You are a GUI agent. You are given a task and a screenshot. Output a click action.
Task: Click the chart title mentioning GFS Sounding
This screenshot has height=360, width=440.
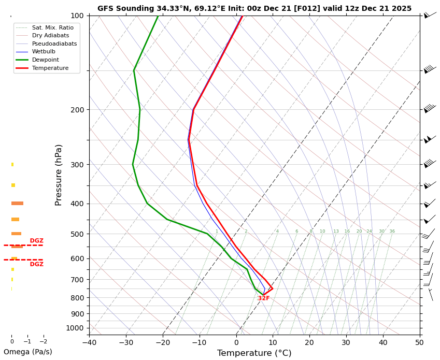254,8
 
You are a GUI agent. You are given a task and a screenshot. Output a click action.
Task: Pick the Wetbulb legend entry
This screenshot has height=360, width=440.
44,52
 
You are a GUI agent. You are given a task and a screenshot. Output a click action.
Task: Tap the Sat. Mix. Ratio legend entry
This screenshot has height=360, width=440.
52,27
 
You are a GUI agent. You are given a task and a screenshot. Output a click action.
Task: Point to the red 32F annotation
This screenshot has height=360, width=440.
264,298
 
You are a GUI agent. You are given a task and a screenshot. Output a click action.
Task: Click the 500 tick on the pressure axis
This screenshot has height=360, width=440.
77,234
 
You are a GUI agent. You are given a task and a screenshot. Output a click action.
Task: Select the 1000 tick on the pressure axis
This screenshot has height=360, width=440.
75,328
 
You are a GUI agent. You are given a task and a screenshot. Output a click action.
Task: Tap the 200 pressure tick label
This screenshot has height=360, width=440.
77,110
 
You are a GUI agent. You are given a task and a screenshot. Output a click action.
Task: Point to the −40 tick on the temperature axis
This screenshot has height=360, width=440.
89,342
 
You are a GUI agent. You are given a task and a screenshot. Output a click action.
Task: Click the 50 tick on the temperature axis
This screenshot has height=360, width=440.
419,342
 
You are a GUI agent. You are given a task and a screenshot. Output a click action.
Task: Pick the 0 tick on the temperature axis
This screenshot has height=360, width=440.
236,342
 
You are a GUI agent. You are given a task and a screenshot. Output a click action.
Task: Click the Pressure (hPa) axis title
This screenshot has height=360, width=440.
59,175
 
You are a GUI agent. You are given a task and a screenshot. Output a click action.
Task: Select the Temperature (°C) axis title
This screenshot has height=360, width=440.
254,353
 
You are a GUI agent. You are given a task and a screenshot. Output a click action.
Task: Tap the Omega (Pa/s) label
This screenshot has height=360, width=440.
28,352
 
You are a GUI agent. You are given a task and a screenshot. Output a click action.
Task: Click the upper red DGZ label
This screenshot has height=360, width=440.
36,241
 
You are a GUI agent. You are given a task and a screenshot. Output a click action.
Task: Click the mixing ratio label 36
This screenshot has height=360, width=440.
392,232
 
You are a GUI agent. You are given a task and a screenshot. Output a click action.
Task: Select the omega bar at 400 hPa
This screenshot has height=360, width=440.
17,204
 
